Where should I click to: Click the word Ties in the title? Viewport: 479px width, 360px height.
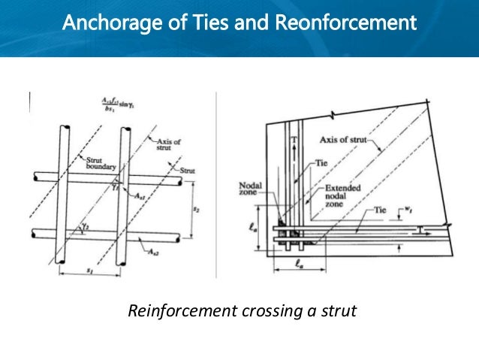[197, 23]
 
